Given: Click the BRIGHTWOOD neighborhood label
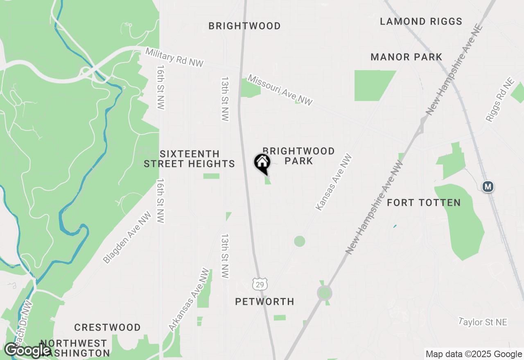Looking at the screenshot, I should [244, 26].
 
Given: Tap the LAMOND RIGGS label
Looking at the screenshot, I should [421, 21].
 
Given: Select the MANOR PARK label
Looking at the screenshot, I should [406, 57].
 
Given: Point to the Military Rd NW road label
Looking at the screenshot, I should [174, 57].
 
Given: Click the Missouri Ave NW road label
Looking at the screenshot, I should [280, 90].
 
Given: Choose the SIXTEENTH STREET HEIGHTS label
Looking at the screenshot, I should [190, 159].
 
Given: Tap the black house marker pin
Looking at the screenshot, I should [262, 162].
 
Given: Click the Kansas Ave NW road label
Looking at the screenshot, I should [334, 182].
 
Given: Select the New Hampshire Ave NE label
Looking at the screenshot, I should [454, 70].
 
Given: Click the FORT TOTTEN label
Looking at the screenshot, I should [424, 202].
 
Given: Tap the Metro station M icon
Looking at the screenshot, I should [488, 187].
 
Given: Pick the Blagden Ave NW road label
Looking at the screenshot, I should [127, 238].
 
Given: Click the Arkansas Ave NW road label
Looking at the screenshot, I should [190, 299].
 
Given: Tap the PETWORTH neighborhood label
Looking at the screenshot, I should [264, 301].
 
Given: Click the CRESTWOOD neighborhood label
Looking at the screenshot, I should [107, 327].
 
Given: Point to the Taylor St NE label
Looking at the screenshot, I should [483, 322].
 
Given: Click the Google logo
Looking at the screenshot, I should [27, 350].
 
